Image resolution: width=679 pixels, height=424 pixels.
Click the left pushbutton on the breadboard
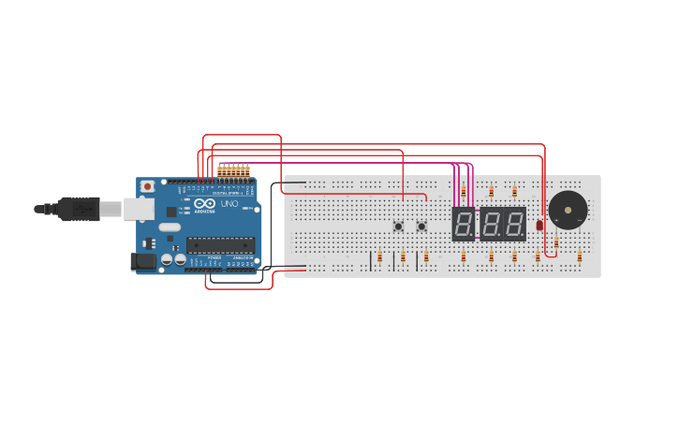[398, 226]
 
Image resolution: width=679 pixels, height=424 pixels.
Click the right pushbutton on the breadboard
[421, 226]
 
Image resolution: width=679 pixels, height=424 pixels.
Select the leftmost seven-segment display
[464, 224]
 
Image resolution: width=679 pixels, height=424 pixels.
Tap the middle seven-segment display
[491, 224]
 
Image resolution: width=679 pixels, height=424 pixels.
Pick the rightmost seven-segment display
[514, 224]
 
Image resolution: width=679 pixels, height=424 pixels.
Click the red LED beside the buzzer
[539, 225]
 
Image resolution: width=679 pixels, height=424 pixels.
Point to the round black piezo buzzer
[568, 210]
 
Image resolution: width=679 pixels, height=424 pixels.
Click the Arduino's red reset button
[147, 186]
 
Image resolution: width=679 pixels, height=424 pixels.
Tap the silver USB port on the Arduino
[139, 209]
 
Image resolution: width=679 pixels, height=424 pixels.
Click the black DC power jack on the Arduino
[143, 262]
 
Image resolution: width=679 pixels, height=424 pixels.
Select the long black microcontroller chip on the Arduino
[220, 245]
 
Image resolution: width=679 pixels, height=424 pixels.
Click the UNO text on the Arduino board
[229, 204]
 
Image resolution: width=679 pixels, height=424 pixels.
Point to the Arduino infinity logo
[205, 203]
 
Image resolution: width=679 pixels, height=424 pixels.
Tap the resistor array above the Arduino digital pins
[233, 171]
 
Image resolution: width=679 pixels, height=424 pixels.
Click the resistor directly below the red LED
[538, 256]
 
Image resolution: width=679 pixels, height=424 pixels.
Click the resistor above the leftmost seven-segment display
[464, 192]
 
